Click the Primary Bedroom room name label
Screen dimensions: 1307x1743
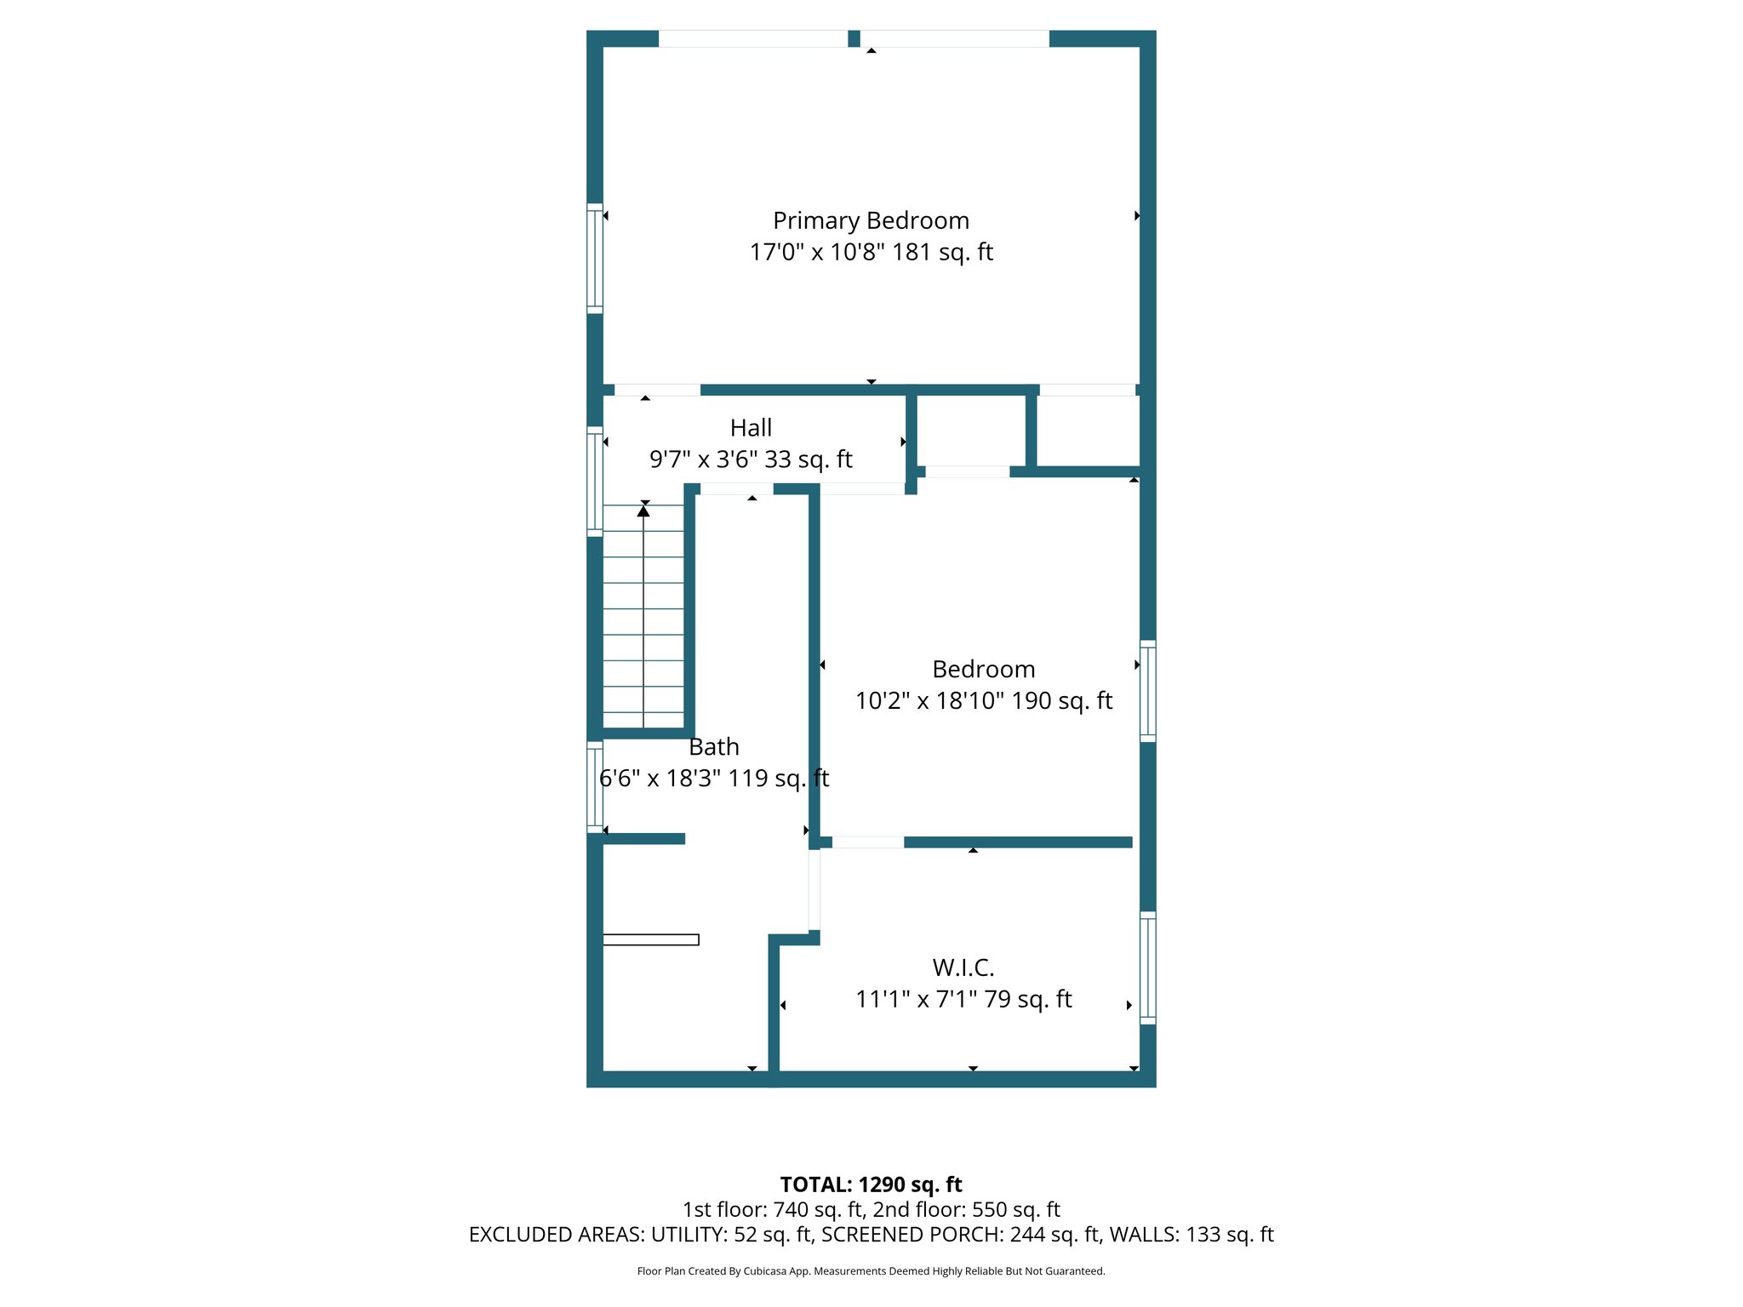coord(871,220)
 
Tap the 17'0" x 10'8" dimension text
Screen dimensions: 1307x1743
coord(871,252)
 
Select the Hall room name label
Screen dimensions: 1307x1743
coord(751,427)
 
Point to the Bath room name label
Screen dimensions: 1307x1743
coord(713,746)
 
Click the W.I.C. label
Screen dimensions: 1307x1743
coord(963,967)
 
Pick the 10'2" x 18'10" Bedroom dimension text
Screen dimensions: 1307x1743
coord(983,700)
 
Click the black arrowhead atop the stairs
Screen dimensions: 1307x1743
coord(643,511)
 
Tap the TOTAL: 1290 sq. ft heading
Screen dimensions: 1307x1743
coord(871,1184)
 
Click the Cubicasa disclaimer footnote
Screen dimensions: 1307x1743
coord(871,1271)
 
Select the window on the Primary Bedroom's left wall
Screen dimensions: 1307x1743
coord(595,259)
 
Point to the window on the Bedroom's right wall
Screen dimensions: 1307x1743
coord(1147,691)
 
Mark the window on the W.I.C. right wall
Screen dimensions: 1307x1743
coord(1147,967)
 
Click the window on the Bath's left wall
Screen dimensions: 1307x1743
coord(595,787)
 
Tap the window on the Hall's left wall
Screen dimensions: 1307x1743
coord(595,482)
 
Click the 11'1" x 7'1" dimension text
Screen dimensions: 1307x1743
coord(963,999)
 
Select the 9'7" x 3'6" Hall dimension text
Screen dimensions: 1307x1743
coord(751,459)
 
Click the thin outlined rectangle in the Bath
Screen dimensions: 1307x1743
coord(651,939)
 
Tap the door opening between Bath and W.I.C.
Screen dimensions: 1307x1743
coord(814,890)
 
